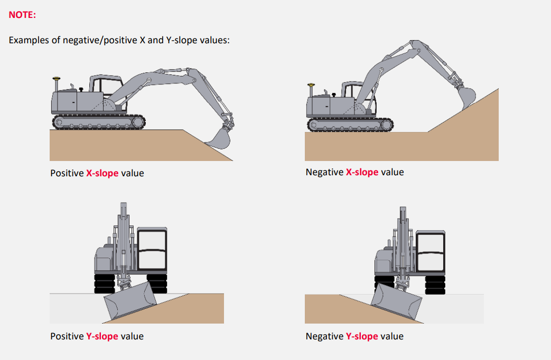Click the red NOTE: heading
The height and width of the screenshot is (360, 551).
[x=22, y=15]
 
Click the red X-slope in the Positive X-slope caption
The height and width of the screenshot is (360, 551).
[x=102, y=173]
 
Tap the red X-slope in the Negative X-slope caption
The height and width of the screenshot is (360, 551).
[x=362, y=172]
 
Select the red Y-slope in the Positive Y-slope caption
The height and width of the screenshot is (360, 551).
[x=102, y=336]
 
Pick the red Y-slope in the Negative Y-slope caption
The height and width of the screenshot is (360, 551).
[x=362, y=336]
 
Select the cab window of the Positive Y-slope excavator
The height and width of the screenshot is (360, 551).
[x=152, y=249]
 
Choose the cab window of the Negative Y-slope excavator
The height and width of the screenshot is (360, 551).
[x=431, y=251]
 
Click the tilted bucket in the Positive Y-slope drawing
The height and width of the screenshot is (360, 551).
[x=130, y=300]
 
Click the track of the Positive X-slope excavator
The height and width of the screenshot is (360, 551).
[x=99, y=122]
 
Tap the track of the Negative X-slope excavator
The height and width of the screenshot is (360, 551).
[x=350, y=125]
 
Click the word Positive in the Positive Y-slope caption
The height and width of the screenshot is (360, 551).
[x=67, y=336]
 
